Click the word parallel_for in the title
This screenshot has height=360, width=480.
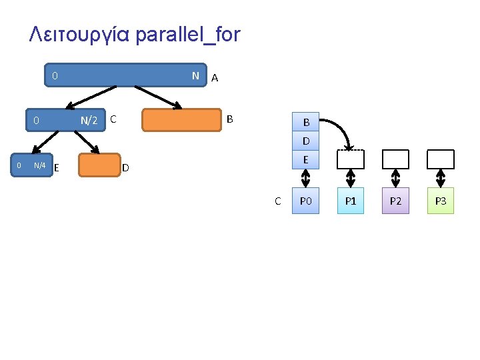click(x=187, y=35)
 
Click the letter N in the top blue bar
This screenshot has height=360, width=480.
click(x=195, y=76)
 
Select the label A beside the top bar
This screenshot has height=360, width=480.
click(x=214, y=79)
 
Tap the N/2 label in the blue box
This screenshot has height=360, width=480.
click(x=89, y=121)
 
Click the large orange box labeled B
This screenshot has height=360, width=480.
click(x=181, y=121)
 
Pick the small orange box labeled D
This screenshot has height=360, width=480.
click(x=99, y=165)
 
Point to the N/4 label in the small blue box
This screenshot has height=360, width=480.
click(x=39, y=165)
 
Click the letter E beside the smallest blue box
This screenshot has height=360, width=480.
click(x=57, y=167)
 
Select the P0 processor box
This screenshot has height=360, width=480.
click(x=305, y=201)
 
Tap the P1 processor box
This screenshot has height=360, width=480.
click(x=351, y=201)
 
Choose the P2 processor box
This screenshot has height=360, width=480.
click(x=395, y=201)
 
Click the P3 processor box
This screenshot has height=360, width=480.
click(x=440, y=201)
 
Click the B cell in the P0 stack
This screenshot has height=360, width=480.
click(x=306, y=123)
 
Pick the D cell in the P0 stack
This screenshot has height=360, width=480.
click(x=306, y=141)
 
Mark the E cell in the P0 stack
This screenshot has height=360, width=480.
click(x=306, y=160)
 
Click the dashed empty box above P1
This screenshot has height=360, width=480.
click(x=351, y=159)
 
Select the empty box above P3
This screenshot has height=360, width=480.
click(x=440, y=159)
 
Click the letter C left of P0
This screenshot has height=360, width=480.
click(x=278, y=201)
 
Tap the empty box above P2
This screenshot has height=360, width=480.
click(x=395, y=159)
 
